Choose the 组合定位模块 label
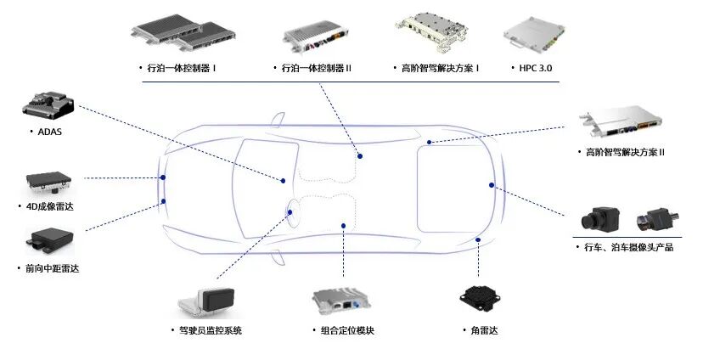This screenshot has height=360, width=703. click(345, 329)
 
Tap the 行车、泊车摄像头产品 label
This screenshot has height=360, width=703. click(628, 248)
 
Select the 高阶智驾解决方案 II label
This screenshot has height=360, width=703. click(625, 152)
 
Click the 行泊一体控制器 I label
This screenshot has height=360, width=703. click(181, 67)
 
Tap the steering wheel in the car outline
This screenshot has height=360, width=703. click(294, 211)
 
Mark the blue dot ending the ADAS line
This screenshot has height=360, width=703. click(283, 180)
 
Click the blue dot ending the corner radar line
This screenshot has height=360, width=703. click(479, 240)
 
